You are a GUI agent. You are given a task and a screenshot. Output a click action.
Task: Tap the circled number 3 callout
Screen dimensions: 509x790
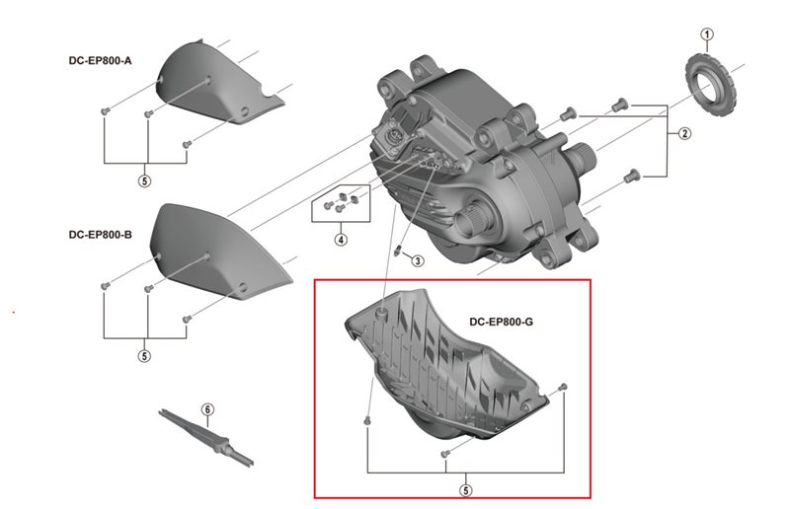pyautogui.click(x=418, y=260)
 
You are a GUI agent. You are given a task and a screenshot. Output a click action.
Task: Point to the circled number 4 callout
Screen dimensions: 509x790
pyautogui.click(x=341, y=239)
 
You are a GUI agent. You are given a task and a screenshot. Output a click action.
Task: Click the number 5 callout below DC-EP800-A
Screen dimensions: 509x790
pyautogui.click(x=144, y=182)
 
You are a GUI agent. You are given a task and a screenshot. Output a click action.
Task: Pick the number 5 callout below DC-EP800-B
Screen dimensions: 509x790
pyautogui.click(x=144, y=356)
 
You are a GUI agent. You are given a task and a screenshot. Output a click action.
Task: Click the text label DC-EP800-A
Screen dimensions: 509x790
pyautogui.click(x=100, y=61)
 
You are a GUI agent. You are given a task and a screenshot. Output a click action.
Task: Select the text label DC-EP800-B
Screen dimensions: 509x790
pyautogui.click(x=100, y=235)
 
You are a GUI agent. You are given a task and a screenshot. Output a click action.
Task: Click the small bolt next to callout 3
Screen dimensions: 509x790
pyautogui.click(x=398, y=251)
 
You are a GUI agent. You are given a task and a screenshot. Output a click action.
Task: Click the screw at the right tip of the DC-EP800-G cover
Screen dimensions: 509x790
pyautogui.click(x=563, y=386)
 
